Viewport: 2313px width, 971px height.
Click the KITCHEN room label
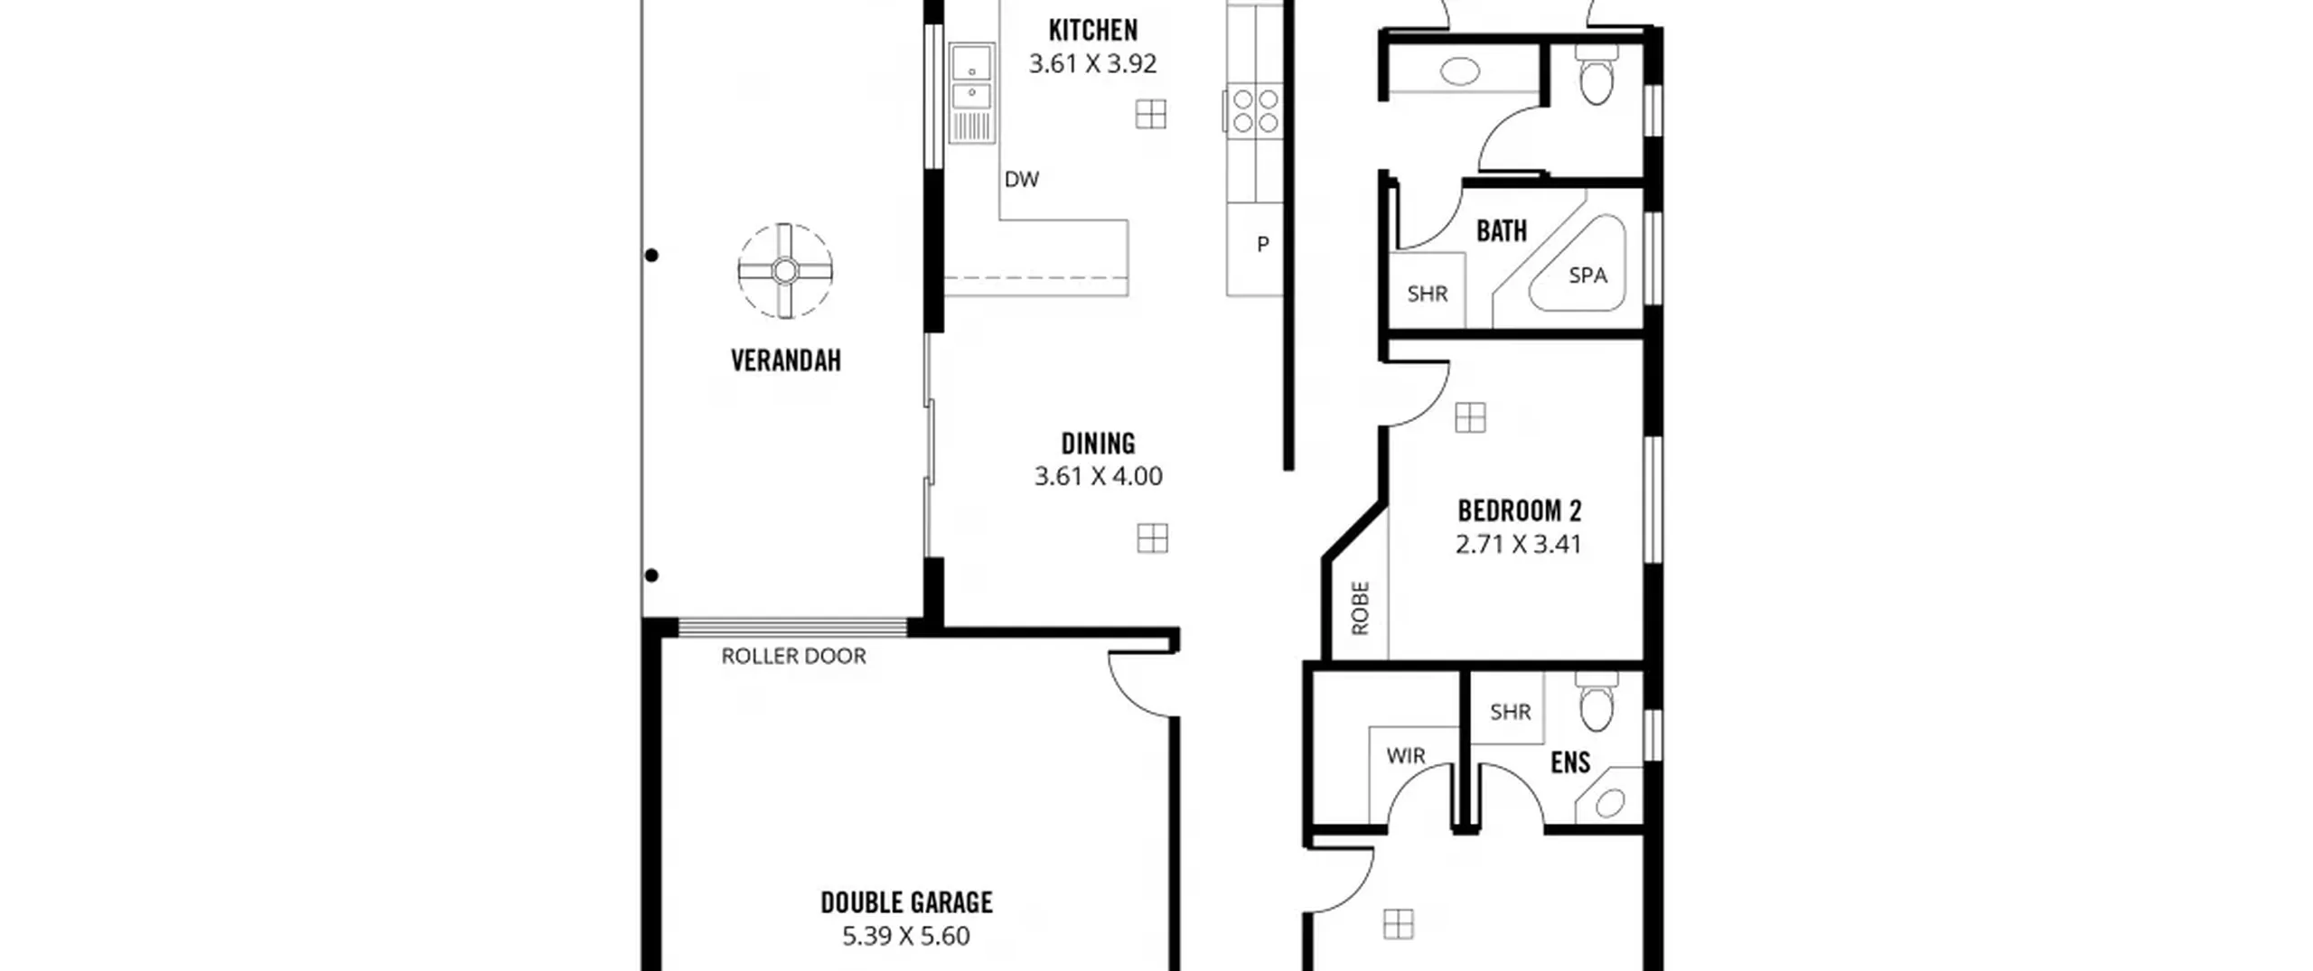click(1092, 31)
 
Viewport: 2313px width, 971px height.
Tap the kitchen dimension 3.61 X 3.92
click(1092, 63)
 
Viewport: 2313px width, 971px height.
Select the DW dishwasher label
click(1022, 179)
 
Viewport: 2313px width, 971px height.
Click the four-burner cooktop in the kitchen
click(1255, 110)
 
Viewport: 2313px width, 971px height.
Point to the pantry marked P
click(1262, 244)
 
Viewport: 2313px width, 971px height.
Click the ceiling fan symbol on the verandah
click(784, 271)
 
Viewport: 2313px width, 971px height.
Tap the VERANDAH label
click(786, 360)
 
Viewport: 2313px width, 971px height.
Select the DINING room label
click(1098, 443)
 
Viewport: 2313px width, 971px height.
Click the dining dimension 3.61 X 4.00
click(1098, 476)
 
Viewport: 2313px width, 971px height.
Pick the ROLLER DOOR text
click(793, 656)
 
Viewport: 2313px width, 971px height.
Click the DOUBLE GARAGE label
click(906, 902)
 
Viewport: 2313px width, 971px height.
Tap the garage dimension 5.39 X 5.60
click(906, 936)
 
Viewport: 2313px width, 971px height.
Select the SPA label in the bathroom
click(1587, 275)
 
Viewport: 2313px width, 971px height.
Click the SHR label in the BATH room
click(1428, 294)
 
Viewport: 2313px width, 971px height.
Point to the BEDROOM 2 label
click(1520, 511)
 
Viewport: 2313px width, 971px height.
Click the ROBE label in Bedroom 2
click(1361, 608)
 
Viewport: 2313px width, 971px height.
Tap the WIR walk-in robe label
click(1406, 755)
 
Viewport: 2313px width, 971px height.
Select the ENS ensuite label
click(1570, 762)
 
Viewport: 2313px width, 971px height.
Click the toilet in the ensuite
click(1597, 703)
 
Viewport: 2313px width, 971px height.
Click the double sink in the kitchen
click(972, 92)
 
